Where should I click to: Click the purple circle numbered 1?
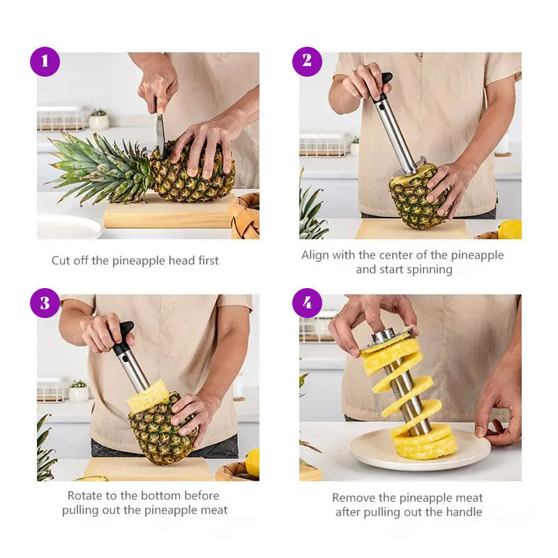pyautogui.click(x=45, y=61)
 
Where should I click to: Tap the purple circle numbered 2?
pyautogui.click(x=307, y=61)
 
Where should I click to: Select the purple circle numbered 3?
pyautogui.click(x=45, y=303)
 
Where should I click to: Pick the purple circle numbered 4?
pyautogui.click(x=307, y=303)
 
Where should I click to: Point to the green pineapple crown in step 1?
pyautogui.click(x=98, y=167)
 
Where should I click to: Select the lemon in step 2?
pyautogui.click(x=511, y=229)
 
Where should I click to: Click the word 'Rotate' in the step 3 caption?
pyautogui.click(x=86, y=496)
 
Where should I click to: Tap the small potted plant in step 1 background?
pyautogui.click(x=98, y=120)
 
